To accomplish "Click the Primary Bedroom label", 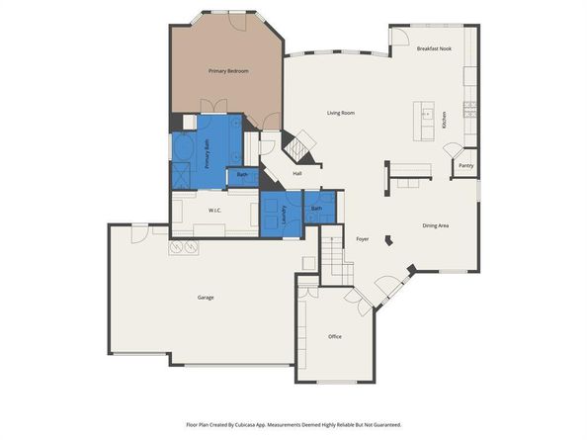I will (x=227, y=71).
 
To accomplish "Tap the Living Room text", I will (x=341, y=113).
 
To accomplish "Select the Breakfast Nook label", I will (x=434, y=48).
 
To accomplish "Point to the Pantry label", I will (x=465, y=166).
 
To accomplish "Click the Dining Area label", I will (x=436, y=226).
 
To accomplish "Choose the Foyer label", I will (x=362, y=239).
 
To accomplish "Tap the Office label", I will (x=335, y=336).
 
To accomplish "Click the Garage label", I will (x=206, y=297).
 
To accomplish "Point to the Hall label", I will (x=296, y=174).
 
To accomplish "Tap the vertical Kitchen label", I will (x=445, y=121).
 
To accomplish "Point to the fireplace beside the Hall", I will (x=298, y=148).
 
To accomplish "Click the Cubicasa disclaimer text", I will (x=293, y=424).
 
